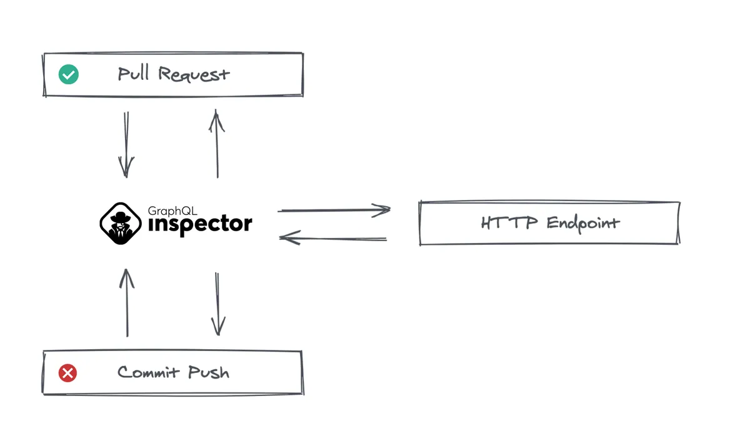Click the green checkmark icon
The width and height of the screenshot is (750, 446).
coord(69,74)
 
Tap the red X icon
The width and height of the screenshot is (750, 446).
coord(67,373)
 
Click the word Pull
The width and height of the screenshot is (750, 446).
coord(133,73)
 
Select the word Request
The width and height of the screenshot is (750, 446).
coord(194,74)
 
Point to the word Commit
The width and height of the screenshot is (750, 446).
coord(148,372)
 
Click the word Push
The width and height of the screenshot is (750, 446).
coord(209,372)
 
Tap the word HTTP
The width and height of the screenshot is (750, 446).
coord(509,223)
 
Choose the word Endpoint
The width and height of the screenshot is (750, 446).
coord(583,224)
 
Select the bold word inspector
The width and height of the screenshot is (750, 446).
coord(200,225)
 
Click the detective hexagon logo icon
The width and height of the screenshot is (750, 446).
coord(121,223)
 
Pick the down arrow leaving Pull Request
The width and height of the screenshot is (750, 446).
coord(126,144)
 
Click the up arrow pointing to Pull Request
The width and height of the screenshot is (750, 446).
coord(217,144)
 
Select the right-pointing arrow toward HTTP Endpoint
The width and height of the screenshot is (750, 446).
coord(334,210)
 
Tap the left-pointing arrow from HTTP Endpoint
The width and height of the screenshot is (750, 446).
coord(332,238)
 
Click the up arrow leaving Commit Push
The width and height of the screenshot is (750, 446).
coord(127,302)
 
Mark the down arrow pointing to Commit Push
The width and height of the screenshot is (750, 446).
coord(218,304)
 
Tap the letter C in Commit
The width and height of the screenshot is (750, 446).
coord(123,372)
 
